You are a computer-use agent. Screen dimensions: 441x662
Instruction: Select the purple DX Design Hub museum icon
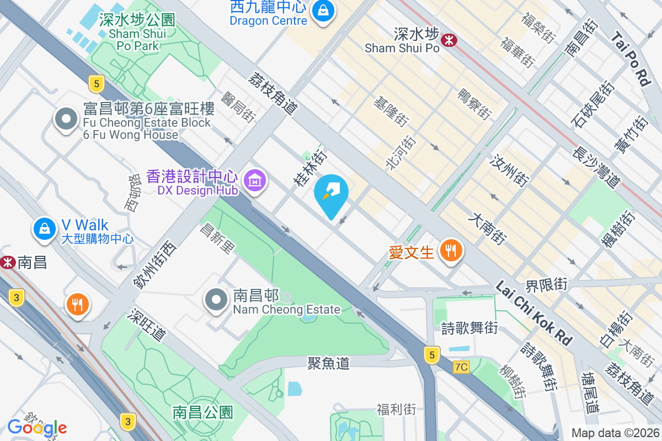tap(255, 180)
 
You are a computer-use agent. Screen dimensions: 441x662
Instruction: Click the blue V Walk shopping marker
tap(44, 228)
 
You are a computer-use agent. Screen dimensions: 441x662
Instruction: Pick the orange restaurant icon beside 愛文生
tap(451, 251)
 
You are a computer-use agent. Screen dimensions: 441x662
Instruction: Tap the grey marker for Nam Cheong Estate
tap(216, 300)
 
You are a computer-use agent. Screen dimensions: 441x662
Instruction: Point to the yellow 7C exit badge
tap(461, 367)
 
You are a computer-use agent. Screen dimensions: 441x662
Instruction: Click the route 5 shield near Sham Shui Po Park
tap(97, 84)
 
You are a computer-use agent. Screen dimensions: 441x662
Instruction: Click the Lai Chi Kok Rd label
tap(533, 313)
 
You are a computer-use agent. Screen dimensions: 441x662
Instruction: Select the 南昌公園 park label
tap(202, 412)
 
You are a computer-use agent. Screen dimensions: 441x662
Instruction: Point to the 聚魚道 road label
tap(329, 363)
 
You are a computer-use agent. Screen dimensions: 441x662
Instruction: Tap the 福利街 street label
tap(396, 409)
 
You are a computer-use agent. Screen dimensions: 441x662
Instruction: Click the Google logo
tap(37, 427)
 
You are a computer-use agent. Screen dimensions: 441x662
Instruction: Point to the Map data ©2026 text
tap(615, 433)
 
